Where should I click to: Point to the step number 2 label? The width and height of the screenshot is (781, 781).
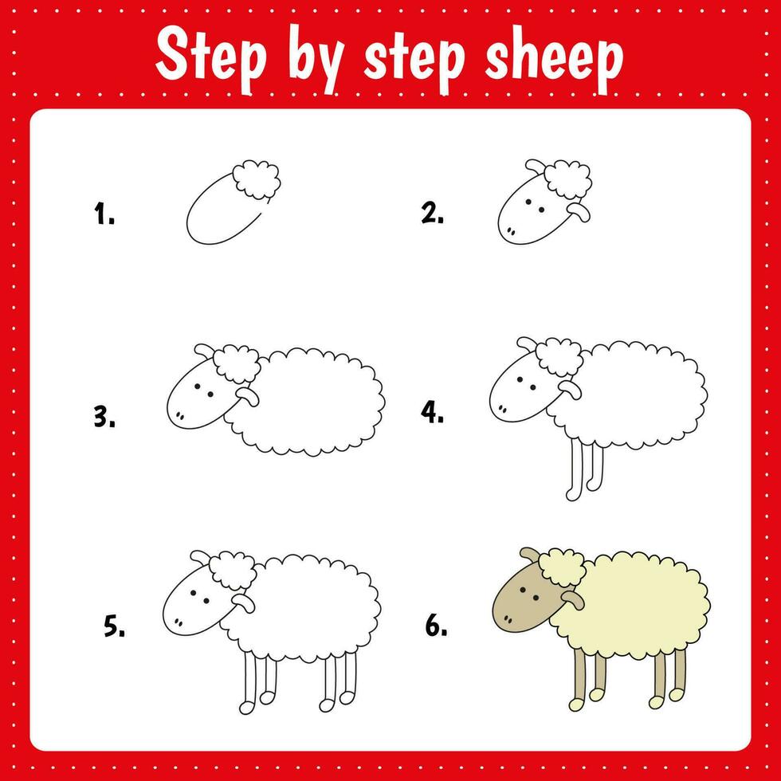(x=433, y=213)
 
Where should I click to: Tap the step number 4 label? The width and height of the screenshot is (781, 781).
(x=433, y=413)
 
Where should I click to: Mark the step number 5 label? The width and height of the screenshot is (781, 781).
(x=114, y=627)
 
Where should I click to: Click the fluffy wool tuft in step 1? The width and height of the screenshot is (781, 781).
(x=257, y=180)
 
